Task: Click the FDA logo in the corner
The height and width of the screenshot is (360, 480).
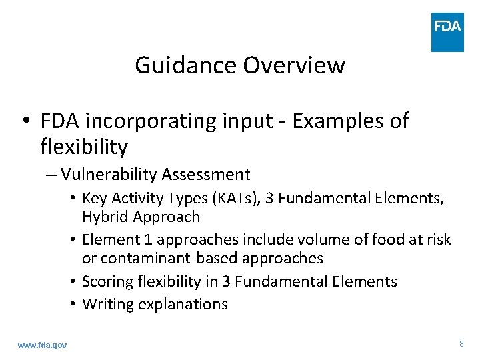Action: coord(447,32)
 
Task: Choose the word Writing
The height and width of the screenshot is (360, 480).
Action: coord(105,304)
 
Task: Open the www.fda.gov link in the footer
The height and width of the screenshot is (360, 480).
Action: coord(42,345)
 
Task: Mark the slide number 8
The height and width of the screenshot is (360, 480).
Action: coord(461,344)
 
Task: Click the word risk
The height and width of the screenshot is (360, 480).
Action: coord(438,239)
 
